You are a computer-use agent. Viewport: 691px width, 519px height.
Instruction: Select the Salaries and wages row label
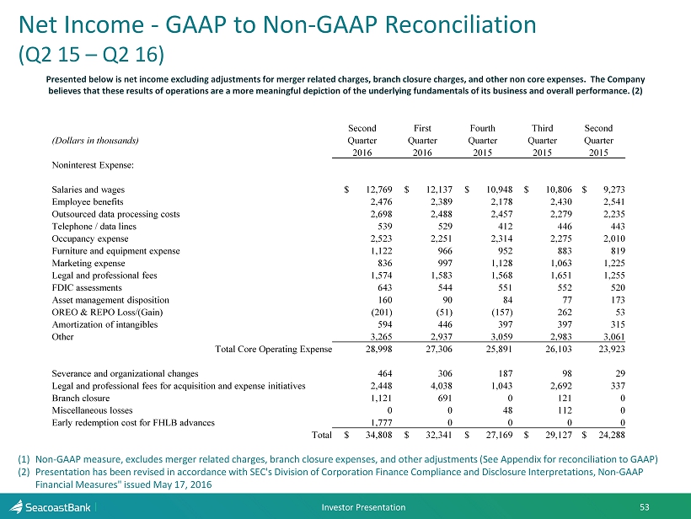(88, 190)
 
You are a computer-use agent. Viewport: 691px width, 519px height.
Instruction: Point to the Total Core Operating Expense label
(273, 349)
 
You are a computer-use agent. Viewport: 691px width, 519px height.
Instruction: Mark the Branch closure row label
(80, 398)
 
